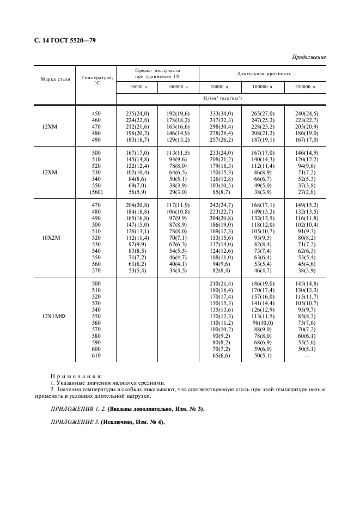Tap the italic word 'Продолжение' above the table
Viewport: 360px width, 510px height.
pyautogui.click(x=309, y=57)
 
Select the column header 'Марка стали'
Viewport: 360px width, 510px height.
pyautogui.click(x=55, y=79)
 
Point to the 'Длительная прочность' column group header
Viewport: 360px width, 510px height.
pyautogui.click(x=264, y=73)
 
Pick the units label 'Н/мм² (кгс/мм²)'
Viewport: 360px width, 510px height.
pyautogui.click(x=222, y=98)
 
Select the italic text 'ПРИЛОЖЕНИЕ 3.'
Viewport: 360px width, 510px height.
pyautogui.click(x=74, y=422)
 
